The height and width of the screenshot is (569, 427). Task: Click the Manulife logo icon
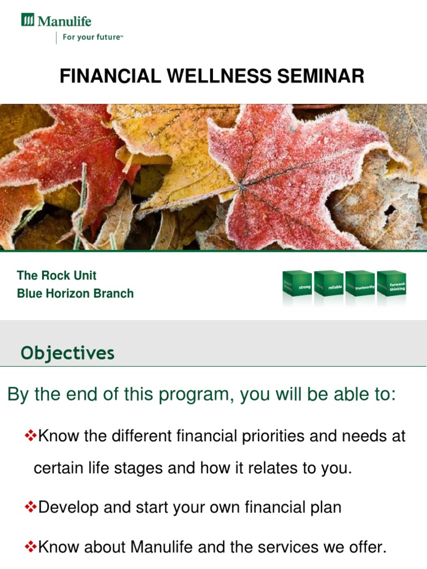(28, 21)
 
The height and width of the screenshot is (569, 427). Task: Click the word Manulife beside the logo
(64, 22)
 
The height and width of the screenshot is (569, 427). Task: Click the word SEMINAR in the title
(315, 76)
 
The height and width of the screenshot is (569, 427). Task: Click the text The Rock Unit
(57, 276)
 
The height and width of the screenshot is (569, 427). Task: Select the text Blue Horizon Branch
(75, 293)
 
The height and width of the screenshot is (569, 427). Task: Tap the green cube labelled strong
(298, 287)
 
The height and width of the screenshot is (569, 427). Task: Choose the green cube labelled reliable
(329, 287)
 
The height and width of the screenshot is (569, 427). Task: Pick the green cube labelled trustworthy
(360, 287)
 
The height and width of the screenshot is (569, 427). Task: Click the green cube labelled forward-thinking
(393, 287)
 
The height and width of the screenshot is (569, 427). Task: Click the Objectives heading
(67, 353)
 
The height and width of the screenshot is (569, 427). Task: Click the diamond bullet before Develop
(31, 507)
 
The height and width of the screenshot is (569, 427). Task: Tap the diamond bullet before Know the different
(31, 436)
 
